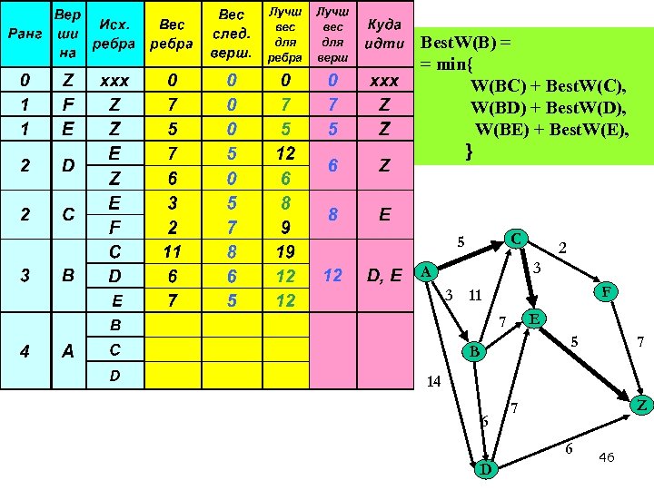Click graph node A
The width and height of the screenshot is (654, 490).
(425, 271)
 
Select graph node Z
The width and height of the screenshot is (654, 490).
(641, 404)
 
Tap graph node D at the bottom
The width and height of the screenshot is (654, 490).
(486, 468)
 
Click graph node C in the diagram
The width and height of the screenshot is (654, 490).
(516, 239)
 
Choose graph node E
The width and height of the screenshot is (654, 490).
(535, 318)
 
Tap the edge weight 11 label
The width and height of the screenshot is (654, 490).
(474, 296)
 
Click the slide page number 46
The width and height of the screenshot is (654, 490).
(607, 457)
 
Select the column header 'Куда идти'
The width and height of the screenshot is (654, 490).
(384, 34)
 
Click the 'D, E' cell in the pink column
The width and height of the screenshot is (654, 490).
(384, 275)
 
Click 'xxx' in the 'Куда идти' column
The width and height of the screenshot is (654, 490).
(384, 81)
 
